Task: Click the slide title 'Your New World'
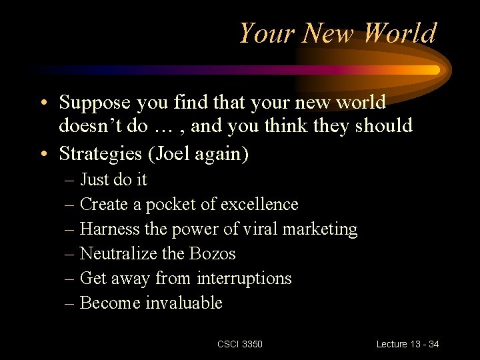point(337,33)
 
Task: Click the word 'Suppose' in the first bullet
point(95,103)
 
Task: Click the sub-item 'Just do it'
point(113,179)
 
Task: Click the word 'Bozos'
point(213,253)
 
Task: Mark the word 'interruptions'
point(244,278)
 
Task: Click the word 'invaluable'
point(184,303)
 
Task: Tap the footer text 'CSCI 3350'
point(240,344)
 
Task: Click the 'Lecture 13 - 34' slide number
point(407,344)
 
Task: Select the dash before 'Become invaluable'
point(70,303)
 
